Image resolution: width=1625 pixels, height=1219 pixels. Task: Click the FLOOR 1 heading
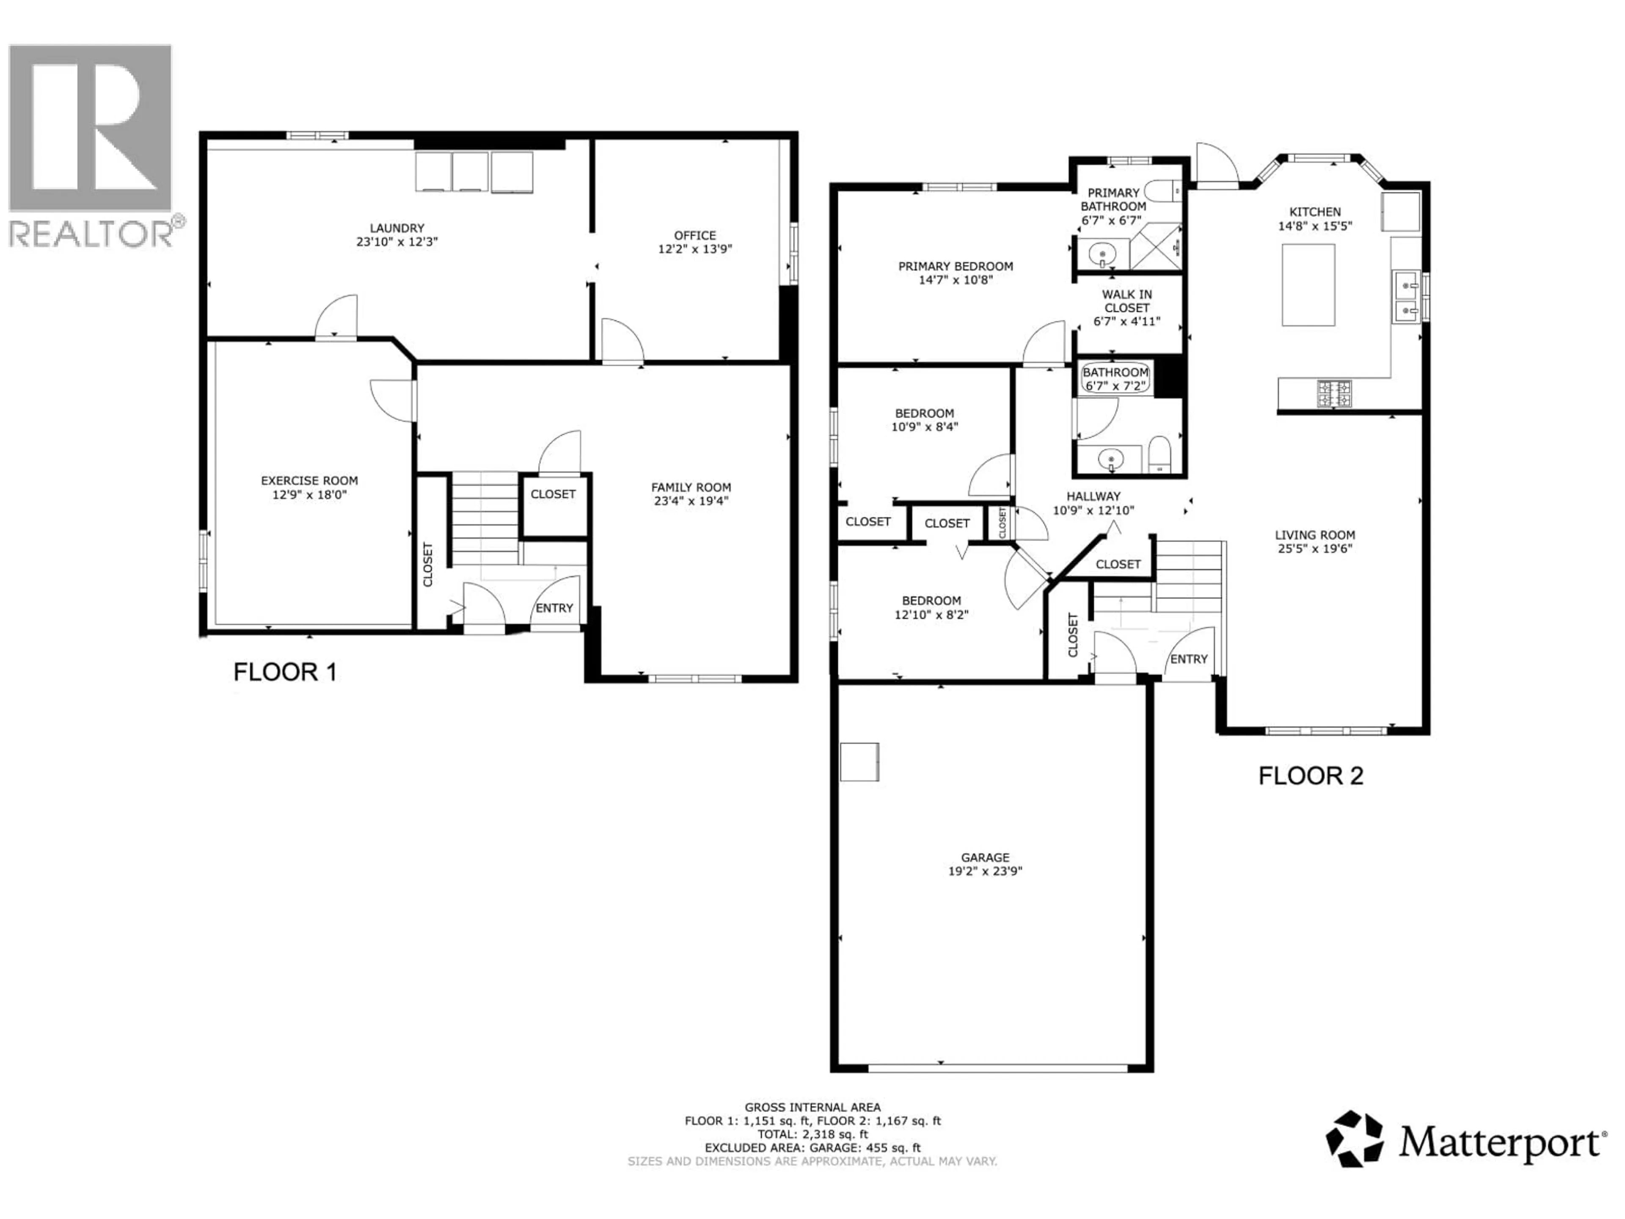(x=285, y=672)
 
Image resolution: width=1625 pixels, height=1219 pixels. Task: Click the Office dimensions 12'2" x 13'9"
(x=695, y=249)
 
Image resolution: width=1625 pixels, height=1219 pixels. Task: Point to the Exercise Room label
(x=309, y=480)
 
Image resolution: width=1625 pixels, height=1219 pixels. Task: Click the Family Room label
(x=691, y=487)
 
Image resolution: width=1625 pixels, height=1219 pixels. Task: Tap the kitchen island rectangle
(x=1308, y=285)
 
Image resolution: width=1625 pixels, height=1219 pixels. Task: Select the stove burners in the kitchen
(x=1334, y=393)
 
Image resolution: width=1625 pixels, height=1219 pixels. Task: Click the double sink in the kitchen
(x=1406, y=297)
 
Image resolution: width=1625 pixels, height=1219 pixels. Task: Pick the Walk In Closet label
(x=1127, y=301)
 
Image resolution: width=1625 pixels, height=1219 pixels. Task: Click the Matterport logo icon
(x=1354, y=1139)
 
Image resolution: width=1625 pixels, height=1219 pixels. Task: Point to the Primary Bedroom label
(x=955, y=266)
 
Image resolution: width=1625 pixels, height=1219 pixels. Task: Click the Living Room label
(x=1315, y=535)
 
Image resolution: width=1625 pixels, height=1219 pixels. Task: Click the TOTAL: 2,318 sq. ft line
(x=812, y=1134)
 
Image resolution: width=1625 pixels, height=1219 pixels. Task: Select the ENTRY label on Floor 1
(x=554, y=608)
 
